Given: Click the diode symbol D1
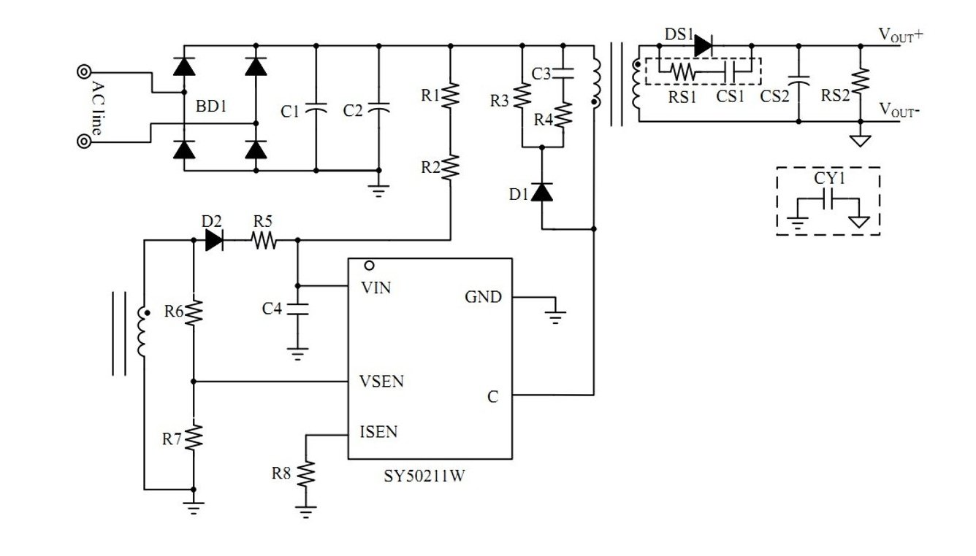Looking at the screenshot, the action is click(x=542, y=192).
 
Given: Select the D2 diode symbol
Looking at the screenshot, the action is click(x=214, y=240).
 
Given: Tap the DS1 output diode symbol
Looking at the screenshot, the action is click(x=704, y=46).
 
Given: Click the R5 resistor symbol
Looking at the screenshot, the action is click(x=264, y=240).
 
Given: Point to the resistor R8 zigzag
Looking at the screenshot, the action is click(x=306, y=474).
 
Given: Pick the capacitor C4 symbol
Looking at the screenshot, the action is click(x=297, y=309).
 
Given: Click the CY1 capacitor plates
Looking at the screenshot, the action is click(x=828, y=198).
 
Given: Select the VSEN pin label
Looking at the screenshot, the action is click(x=381, y=382).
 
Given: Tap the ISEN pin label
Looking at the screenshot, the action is click(x=378, y=432).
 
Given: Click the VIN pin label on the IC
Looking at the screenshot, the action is click(x=376, y=287).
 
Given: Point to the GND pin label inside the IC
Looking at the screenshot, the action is click(x=483, y=297).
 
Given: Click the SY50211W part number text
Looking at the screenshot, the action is click(x=424, y=476).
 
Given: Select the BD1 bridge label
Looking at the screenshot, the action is click(x=211, y=106).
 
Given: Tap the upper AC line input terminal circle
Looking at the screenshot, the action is click(x=84, y=72).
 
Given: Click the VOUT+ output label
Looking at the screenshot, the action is click(x=901, y=35).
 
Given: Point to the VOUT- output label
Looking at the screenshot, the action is click(x=899, y=109).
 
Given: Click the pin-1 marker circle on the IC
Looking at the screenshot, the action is click(x=369, y=266).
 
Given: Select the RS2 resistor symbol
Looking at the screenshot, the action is click(x=861, y=81).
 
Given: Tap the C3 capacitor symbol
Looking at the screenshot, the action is click(x=563, y=73).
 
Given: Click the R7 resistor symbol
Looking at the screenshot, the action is click(x=194, y=437).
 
